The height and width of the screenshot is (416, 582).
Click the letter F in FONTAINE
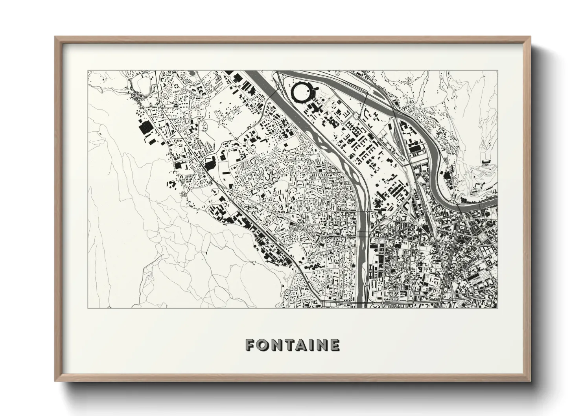pos(250,345)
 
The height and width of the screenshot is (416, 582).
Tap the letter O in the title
pos(262,345)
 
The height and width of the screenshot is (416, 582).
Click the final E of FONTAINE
pos(335,345)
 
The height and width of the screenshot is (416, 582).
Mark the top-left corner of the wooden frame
pos(55,37)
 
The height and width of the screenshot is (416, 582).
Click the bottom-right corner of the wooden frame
pos(530,381)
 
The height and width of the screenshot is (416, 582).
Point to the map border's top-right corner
pos(497,71)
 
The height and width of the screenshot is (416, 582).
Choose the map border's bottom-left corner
pos(88,308)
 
